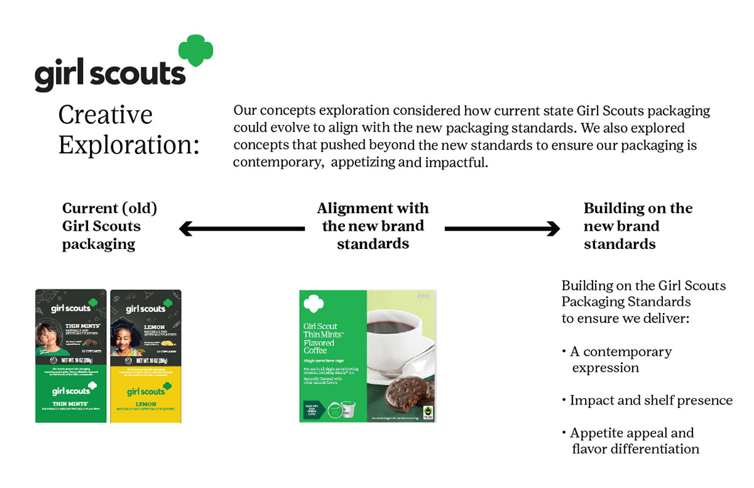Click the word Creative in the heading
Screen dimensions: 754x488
pyautogui.click(x=105, y=115)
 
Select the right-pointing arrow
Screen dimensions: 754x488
pyautogui.click(x=502, y=229)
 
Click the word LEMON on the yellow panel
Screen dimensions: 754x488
pyautogui.click(x=145, y=403)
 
